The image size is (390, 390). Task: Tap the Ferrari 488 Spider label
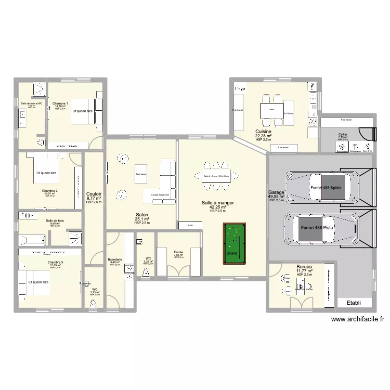pos(329,188)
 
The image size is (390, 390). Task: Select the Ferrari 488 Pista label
pos(317,228)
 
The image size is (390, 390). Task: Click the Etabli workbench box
pos(355,303)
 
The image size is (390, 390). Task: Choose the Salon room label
pos(141,215)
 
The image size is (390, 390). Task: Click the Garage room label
pos(276,192)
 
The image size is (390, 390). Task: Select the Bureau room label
pos(304,266)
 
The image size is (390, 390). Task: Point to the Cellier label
pos(343,134)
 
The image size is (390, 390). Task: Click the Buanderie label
pos(114,259)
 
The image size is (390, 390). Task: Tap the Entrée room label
pos(178,252)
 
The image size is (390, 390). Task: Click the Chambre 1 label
pos(60,103)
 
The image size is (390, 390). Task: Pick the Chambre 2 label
pos(49,191)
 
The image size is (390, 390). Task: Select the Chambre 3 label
pos(55,262)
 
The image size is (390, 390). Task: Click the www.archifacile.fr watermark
pos(357,321)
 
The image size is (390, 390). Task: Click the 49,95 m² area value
pos(276,197)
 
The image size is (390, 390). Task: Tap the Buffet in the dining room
pos(190,225)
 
